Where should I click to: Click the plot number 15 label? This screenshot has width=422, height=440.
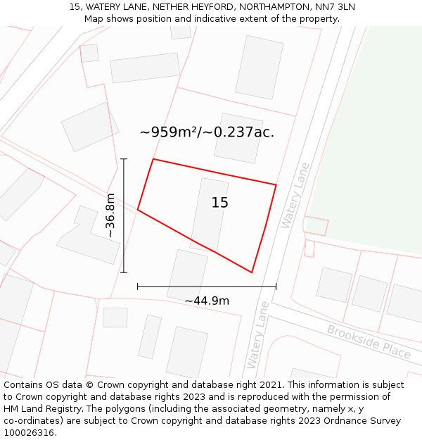click(219, 203)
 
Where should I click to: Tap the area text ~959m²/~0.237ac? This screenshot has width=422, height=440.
click(207, 132)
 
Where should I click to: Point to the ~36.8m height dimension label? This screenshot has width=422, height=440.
click(110, 215)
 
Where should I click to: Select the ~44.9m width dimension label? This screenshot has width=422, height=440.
click(207, 301)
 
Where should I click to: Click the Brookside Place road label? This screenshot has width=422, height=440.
click(369, 341)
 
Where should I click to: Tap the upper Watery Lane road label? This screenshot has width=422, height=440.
click(295, 195)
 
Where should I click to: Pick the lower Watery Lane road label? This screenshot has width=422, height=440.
click(258, 335)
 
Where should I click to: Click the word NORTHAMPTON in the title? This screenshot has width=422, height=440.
click(271, 7)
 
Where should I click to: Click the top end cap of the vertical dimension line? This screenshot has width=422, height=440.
click(124, 159)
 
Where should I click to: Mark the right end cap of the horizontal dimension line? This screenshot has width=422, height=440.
click(276, 287)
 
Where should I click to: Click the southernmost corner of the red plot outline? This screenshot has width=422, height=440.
click(252, 272)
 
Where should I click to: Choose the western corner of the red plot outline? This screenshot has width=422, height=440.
click(138, 210)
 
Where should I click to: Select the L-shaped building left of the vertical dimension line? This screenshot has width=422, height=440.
click(89, 238)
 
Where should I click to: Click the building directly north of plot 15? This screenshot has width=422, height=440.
click(238, 137)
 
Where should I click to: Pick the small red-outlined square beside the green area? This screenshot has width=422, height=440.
click(316, 226)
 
